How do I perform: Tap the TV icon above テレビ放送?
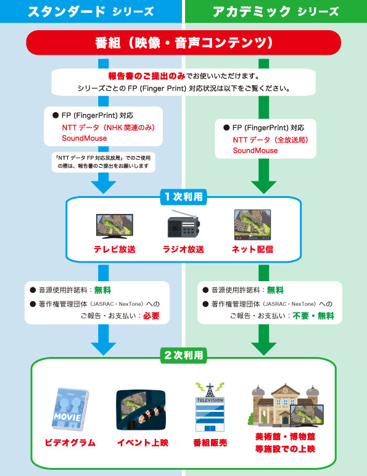[114, 226]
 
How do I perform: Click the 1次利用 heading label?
[183, 197]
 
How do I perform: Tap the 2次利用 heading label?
[183, 355]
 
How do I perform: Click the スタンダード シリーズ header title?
[91, 11]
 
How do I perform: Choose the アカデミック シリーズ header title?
[275, 11]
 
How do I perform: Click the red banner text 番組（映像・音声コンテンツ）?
[183, 43]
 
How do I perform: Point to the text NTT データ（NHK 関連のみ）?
[107, 127]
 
